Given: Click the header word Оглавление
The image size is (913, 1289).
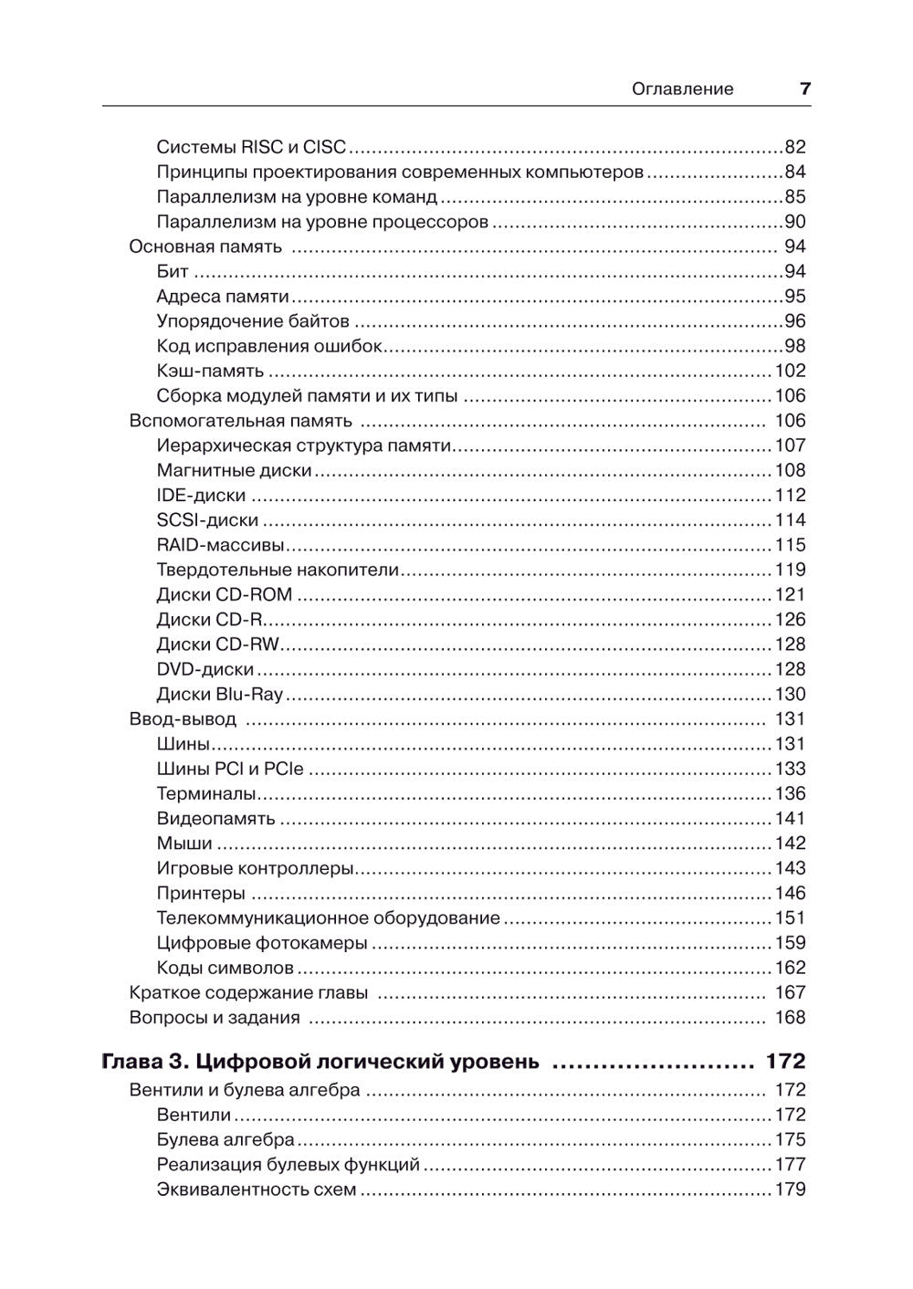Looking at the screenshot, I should tap(682, 89).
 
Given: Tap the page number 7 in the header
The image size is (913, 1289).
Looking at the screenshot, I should tap(804, 89).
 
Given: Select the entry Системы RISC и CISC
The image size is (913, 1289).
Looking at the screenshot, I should tap(251, 147).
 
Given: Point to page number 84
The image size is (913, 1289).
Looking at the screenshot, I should tap(794, 172).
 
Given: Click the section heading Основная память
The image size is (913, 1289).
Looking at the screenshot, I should tap(205, 246).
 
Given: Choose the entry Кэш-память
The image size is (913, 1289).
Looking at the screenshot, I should tap(210, 371).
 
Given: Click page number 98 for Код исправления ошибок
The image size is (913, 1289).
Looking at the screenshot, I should tap(794, 346).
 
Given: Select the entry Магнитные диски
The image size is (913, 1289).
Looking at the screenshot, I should tap(234, 470).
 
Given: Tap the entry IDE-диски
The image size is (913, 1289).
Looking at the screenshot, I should tap(201, 495).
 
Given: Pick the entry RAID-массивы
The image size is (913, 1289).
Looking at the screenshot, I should tap(220, 545).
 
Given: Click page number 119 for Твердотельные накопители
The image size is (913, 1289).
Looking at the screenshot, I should tap(790, 570).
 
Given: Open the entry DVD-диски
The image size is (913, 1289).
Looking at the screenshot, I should tap(205, 669).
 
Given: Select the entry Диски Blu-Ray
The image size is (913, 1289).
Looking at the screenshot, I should tap(220, 694).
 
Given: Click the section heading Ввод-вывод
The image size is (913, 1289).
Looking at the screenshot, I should tap(183, 719).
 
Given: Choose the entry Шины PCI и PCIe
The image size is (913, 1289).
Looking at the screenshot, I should tap(230, 769).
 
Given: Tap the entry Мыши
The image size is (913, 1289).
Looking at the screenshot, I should tap(184, 844).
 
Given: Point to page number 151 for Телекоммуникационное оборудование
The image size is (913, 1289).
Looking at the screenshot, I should tap(790, 917).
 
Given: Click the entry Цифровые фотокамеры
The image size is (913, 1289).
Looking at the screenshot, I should tap(262, 943).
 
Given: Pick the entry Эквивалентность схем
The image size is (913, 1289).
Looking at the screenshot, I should tap(257, 1189).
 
